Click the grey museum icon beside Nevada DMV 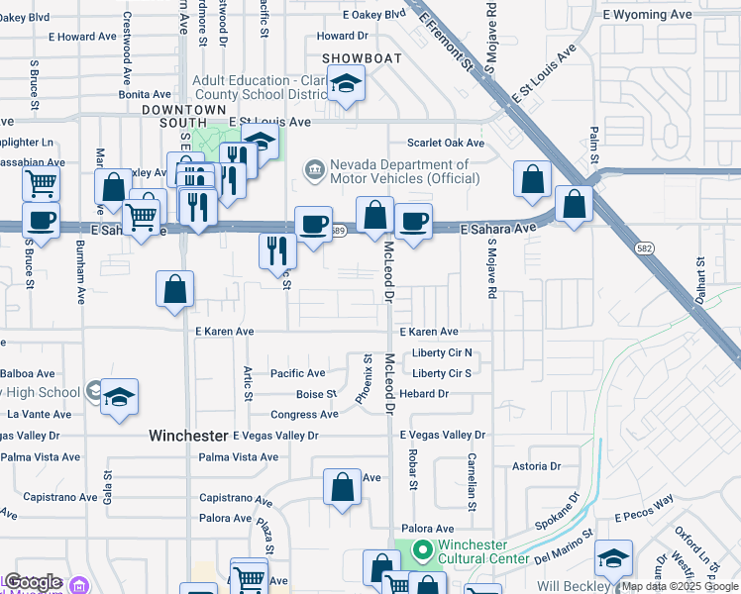pyautogui.click(x=315, y=171)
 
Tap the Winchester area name pyautogui.click(x=188, y=436)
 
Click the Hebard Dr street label pyautogui.click(x=424, y=394)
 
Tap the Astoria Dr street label pyautogui.click(x=536, y=465)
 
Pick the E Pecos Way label pyautogui.click(x=644, y=516)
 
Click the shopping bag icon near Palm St pyautogui.click(x=575, y=203)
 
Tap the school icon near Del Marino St pyautogui.click(x=613, y=559)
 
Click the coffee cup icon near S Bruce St pyautogui.click(x=41, y=220)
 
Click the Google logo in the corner pyautogui.click(x=33, y=582)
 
